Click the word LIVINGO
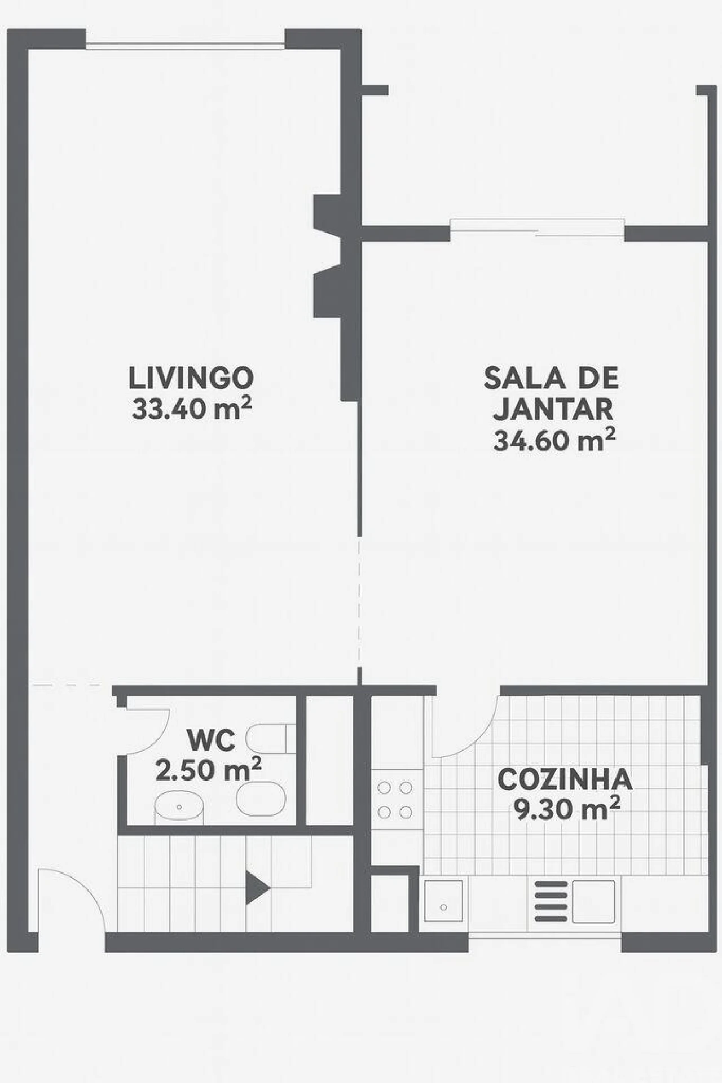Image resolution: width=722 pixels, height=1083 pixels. coord(191,378)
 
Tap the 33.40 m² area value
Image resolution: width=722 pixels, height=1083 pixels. coord(191,409)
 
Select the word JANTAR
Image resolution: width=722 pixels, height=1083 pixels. coord(553,409)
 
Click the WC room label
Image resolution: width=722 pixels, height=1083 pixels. coord(211,740)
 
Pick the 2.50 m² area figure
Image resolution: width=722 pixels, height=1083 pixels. coord(208,770)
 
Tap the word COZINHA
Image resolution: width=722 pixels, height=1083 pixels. coord(565,779)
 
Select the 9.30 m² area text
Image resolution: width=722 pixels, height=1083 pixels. coord(566,809)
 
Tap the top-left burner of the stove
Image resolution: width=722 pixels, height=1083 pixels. coord(385,787)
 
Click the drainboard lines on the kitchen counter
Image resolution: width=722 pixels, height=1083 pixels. coord(551,901)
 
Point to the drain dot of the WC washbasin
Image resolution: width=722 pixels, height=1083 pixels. coord(179,807)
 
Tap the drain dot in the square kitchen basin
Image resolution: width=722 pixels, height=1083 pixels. coord(443,907)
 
